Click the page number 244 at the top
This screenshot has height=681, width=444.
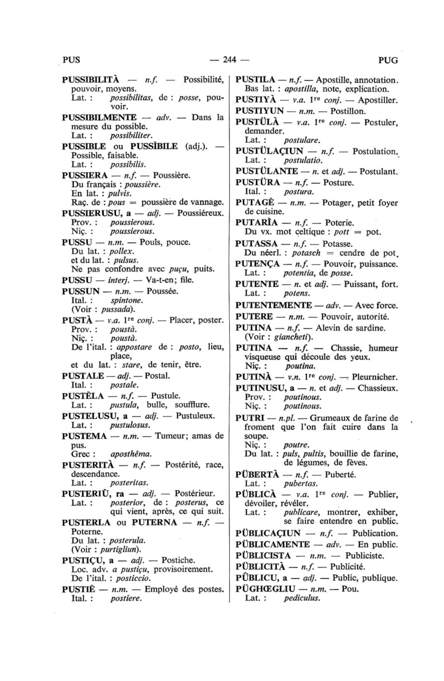229,60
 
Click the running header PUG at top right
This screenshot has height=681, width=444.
388,60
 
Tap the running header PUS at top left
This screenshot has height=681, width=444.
72,60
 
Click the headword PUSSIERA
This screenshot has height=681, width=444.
85,175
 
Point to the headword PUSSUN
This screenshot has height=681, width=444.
81,291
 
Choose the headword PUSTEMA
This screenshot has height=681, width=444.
84,435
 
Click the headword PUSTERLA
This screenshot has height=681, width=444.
86,522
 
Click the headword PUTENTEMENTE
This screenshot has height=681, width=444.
273,305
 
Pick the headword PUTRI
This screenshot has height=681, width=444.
250,418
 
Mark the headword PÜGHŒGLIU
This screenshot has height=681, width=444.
265,589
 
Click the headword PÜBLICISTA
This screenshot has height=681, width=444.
263,555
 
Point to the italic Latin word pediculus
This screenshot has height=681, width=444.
302,598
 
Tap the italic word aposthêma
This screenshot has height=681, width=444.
131,454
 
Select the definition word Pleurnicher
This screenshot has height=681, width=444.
376,377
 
